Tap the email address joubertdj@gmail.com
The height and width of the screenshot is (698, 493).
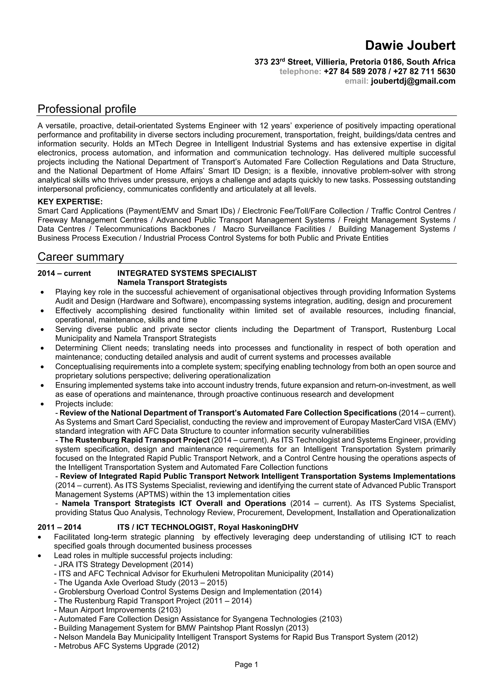tap(413, 81)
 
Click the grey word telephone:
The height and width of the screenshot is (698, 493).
tap(300, 72)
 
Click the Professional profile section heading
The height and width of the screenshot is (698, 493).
tap(87, 109)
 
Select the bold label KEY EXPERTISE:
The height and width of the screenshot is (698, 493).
tap(70, 202)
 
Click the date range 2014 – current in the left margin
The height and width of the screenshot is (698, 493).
tap(64, 273)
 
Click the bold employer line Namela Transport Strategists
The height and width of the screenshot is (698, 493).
tap(172, 283)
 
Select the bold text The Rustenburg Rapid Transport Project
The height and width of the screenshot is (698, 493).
tap(135, 440)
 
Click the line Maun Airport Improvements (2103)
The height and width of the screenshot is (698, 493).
tap(117, 610)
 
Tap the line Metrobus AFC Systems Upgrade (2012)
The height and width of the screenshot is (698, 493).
tap(126, 646)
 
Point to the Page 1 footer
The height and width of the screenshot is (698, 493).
tap(246, 665)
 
